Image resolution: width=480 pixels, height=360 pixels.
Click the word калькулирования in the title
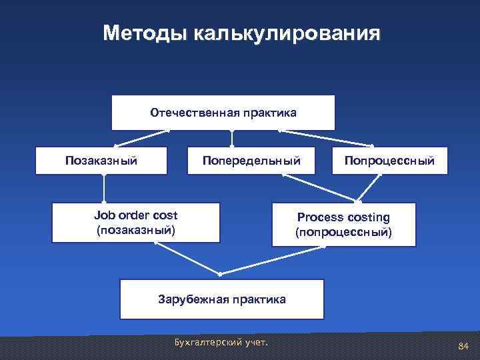click(287, 33)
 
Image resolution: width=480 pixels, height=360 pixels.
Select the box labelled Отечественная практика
click(223, 113)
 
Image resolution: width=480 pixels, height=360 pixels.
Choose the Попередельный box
click(252, 161)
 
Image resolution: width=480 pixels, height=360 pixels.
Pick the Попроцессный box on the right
click(390, 161)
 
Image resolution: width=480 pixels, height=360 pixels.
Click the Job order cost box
click(136, 223)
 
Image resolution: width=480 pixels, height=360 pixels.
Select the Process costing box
click(343, 225)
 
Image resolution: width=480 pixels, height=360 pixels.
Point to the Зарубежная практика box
click(221, 299)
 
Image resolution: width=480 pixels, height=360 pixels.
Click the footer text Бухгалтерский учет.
click(220, 343)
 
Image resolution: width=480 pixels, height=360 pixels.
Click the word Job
click(105, 215)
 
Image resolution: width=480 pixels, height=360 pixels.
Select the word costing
click(368, 217)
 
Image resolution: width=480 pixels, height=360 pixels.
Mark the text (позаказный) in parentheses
click(136, 231)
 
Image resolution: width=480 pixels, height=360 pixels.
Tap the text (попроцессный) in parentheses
click(343, 233)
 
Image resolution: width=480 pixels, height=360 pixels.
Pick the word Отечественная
click(189, 113)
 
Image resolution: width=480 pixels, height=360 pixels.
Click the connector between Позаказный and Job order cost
click(104, 189)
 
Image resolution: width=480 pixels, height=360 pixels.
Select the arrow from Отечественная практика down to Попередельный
click(232, 138)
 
